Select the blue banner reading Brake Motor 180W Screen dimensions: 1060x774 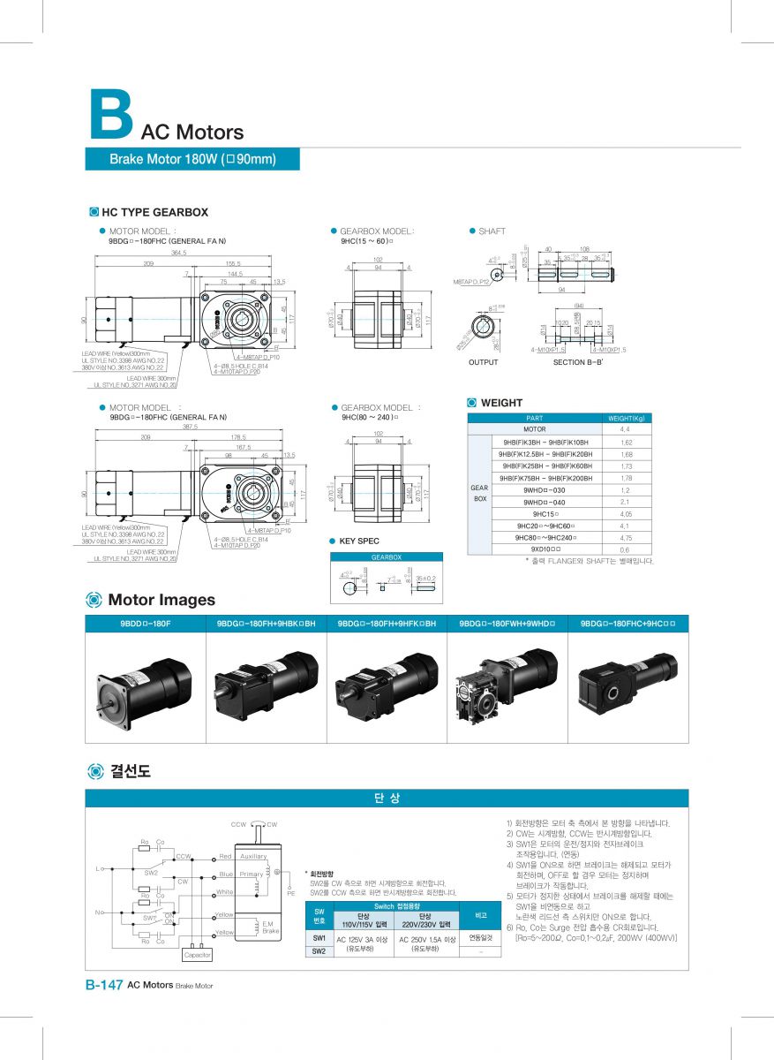point(192,159)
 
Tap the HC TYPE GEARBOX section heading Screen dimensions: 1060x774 point(154,212)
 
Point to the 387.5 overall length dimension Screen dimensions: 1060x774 point(190,427)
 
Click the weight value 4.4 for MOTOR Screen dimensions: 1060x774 point(625,429)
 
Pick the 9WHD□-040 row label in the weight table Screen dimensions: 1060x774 point(544,502)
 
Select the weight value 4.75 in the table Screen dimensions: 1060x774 point(625,537)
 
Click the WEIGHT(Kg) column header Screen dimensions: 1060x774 point(626,417)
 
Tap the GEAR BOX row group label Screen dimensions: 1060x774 point(479,493)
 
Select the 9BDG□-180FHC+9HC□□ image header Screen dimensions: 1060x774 point(628,624)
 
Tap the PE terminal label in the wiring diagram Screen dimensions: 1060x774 point(290,894)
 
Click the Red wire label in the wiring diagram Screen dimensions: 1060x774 point(226,856)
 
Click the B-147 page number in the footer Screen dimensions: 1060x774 point(103,985)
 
